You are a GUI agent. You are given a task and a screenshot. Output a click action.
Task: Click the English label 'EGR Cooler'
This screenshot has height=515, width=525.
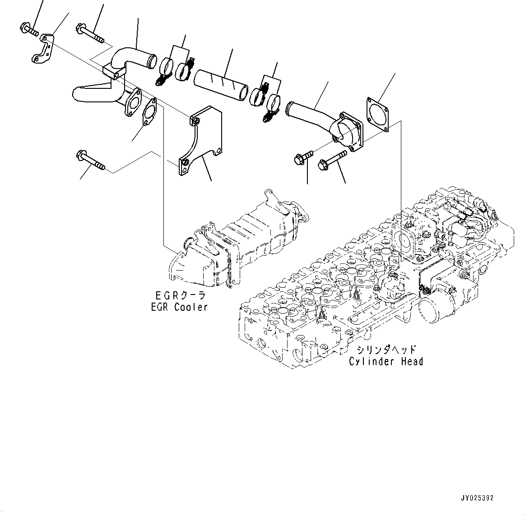point(179,307)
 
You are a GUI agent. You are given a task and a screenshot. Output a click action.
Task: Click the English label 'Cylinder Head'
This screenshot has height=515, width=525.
point(386,361)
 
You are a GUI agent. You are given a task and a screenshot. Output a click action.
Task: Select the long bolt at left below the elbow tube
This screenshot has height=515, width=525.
point(91,161)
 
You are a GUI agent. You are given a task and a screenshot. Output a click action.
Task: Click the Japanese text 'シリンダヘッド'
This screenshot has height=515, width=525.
point(386,350)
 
